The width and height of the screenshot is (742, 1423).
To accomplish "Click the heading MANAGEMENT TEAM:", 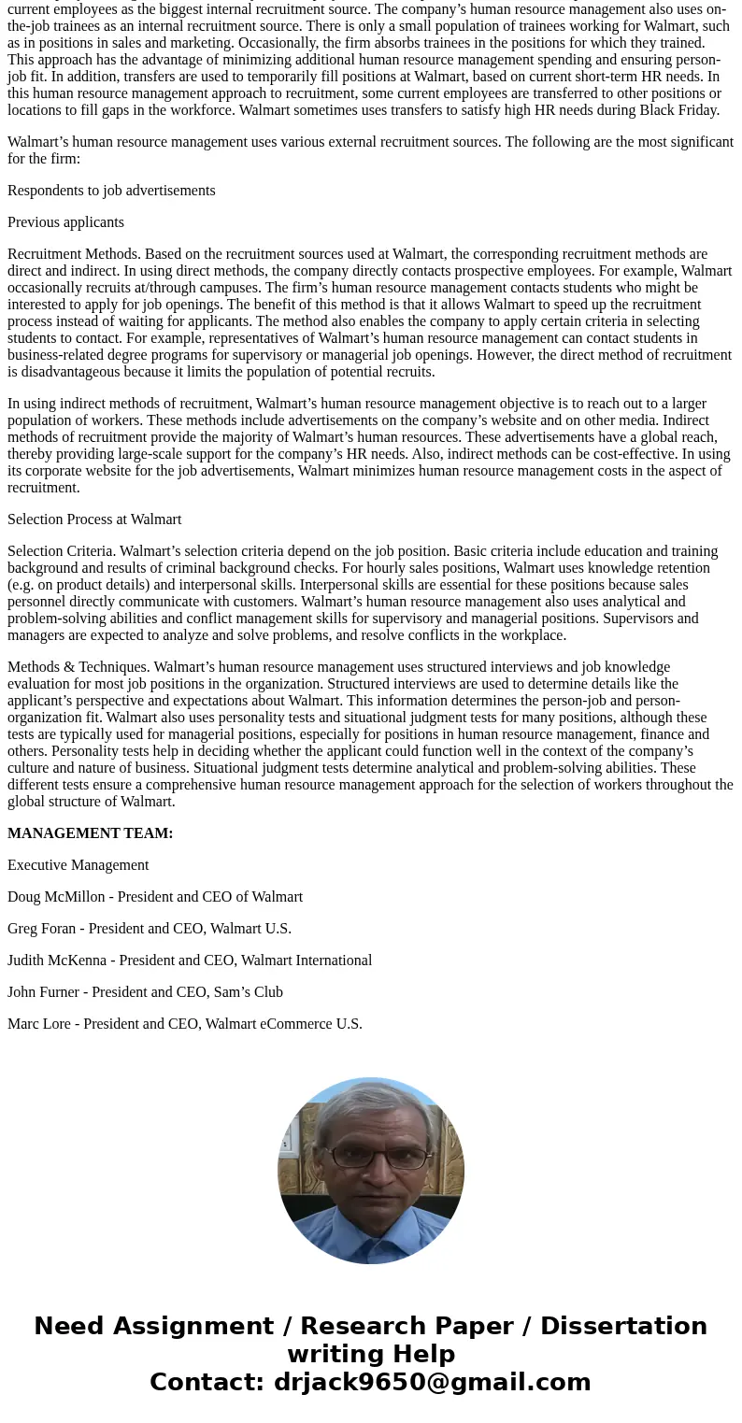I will pos(90,833).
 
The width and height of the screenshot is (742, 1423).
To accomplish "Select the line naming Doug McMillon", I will pos(155,897).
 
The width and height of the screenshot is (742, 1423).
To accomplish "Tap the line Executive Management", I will pos(78,865).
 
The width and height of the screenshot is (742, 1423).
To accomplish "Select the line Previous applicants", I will pos(65,222).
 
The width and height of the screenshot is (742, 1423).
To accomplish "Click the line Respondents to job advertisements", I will pos(111,191).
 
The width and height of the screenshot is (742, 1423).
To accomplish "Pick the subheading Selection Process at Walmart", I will pos(94,519).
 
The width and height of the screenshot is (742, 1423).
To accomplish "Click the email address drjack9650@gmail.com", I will pos(432,1383).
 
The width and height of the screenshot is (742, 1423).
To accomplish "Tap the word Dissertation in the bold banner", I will pos(623,1327).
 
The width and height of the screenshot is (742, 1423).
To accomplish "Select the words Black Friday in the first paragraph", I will pos(678,110).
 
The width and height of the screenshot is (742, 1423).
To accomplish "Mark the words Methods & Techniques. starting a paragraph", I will pos(78,667).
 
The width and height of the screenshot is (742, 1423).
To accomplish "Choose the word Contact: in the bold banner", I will pos(207,1383).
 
